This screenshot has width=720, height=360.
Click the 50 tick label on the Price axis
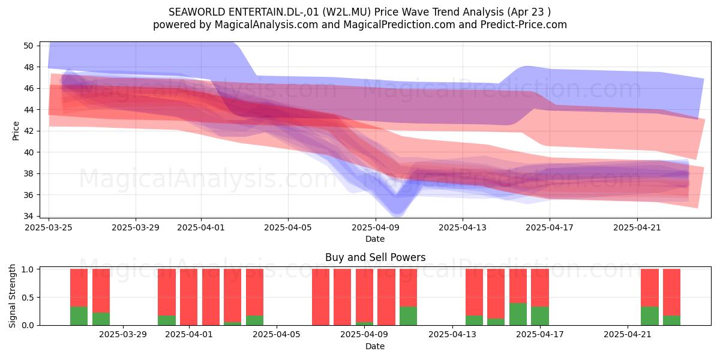[x=28, y=46]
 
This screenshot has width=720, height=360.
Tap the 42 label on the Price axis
[x=28, y=131]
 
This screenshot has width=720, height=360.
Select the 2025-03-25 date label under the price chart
[x=49, y=227]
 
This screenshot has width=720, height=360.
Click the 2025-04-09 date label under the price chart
[x=376, y=227]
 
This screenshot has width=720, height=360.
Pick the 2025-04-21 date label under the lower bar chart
[x=628, y=335]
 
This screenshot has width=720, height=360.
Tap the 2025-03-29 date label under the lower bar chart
[x=123, y=335]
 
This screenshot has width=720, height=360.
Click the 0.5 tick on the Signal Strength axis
[x=28, y=298]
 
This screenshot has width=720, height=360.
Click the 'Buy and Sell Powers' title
[x=376, y=257]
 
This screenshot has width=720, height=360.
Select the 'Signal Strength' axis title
[x=12, y=296]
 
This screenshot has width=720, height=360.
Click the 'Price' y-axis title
[x=16, y=131]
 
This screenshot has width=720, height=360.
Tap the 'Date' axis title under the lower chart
[x=375, y=347]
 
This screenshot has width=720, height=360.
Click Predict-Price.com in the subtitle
[x=524, y=25]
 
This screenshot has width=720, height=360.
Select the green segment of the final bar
[x=672, y=320]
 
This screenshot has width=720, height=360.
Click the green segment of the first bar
[x=79, y=316]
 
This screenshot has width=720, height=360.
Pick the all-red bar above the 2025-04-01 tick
[x=188, y=297]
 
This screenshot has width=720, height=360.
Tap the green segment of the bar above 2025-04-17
[x=540, y=316]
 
